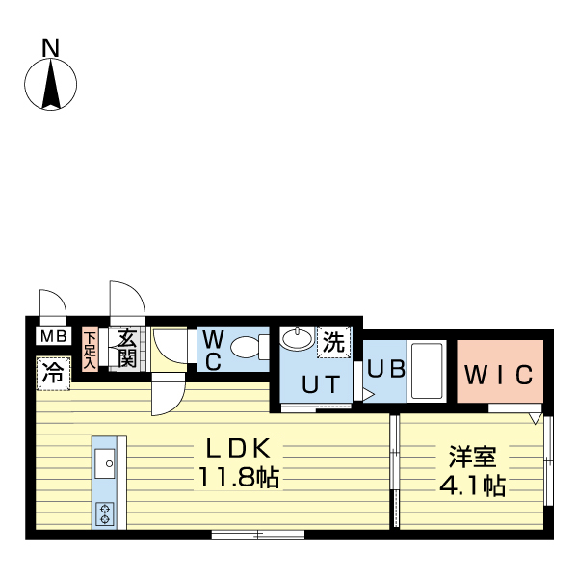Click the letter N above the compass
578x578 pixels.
coord(50,45)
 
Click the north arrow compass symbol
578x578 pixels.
coord(50,85)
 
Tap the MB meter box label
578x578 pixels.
coord(52,337)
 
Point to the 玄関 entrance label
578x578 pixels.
coord(126,348)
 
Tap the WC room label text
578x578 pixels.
coord(215,351)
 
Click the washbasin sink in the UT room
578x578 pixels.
coord(298,338)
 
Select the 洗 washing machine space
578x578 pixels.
coord(332,341)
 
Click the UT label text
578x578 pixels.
coord(321,384)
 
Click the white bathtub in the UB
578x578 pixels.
coord(424,370)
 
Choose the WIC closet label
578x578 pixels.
coord(498,375)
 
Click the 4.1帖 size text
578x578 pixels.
coord(472,486)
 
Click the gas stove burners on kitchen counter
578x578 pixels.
coord(105,512)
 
